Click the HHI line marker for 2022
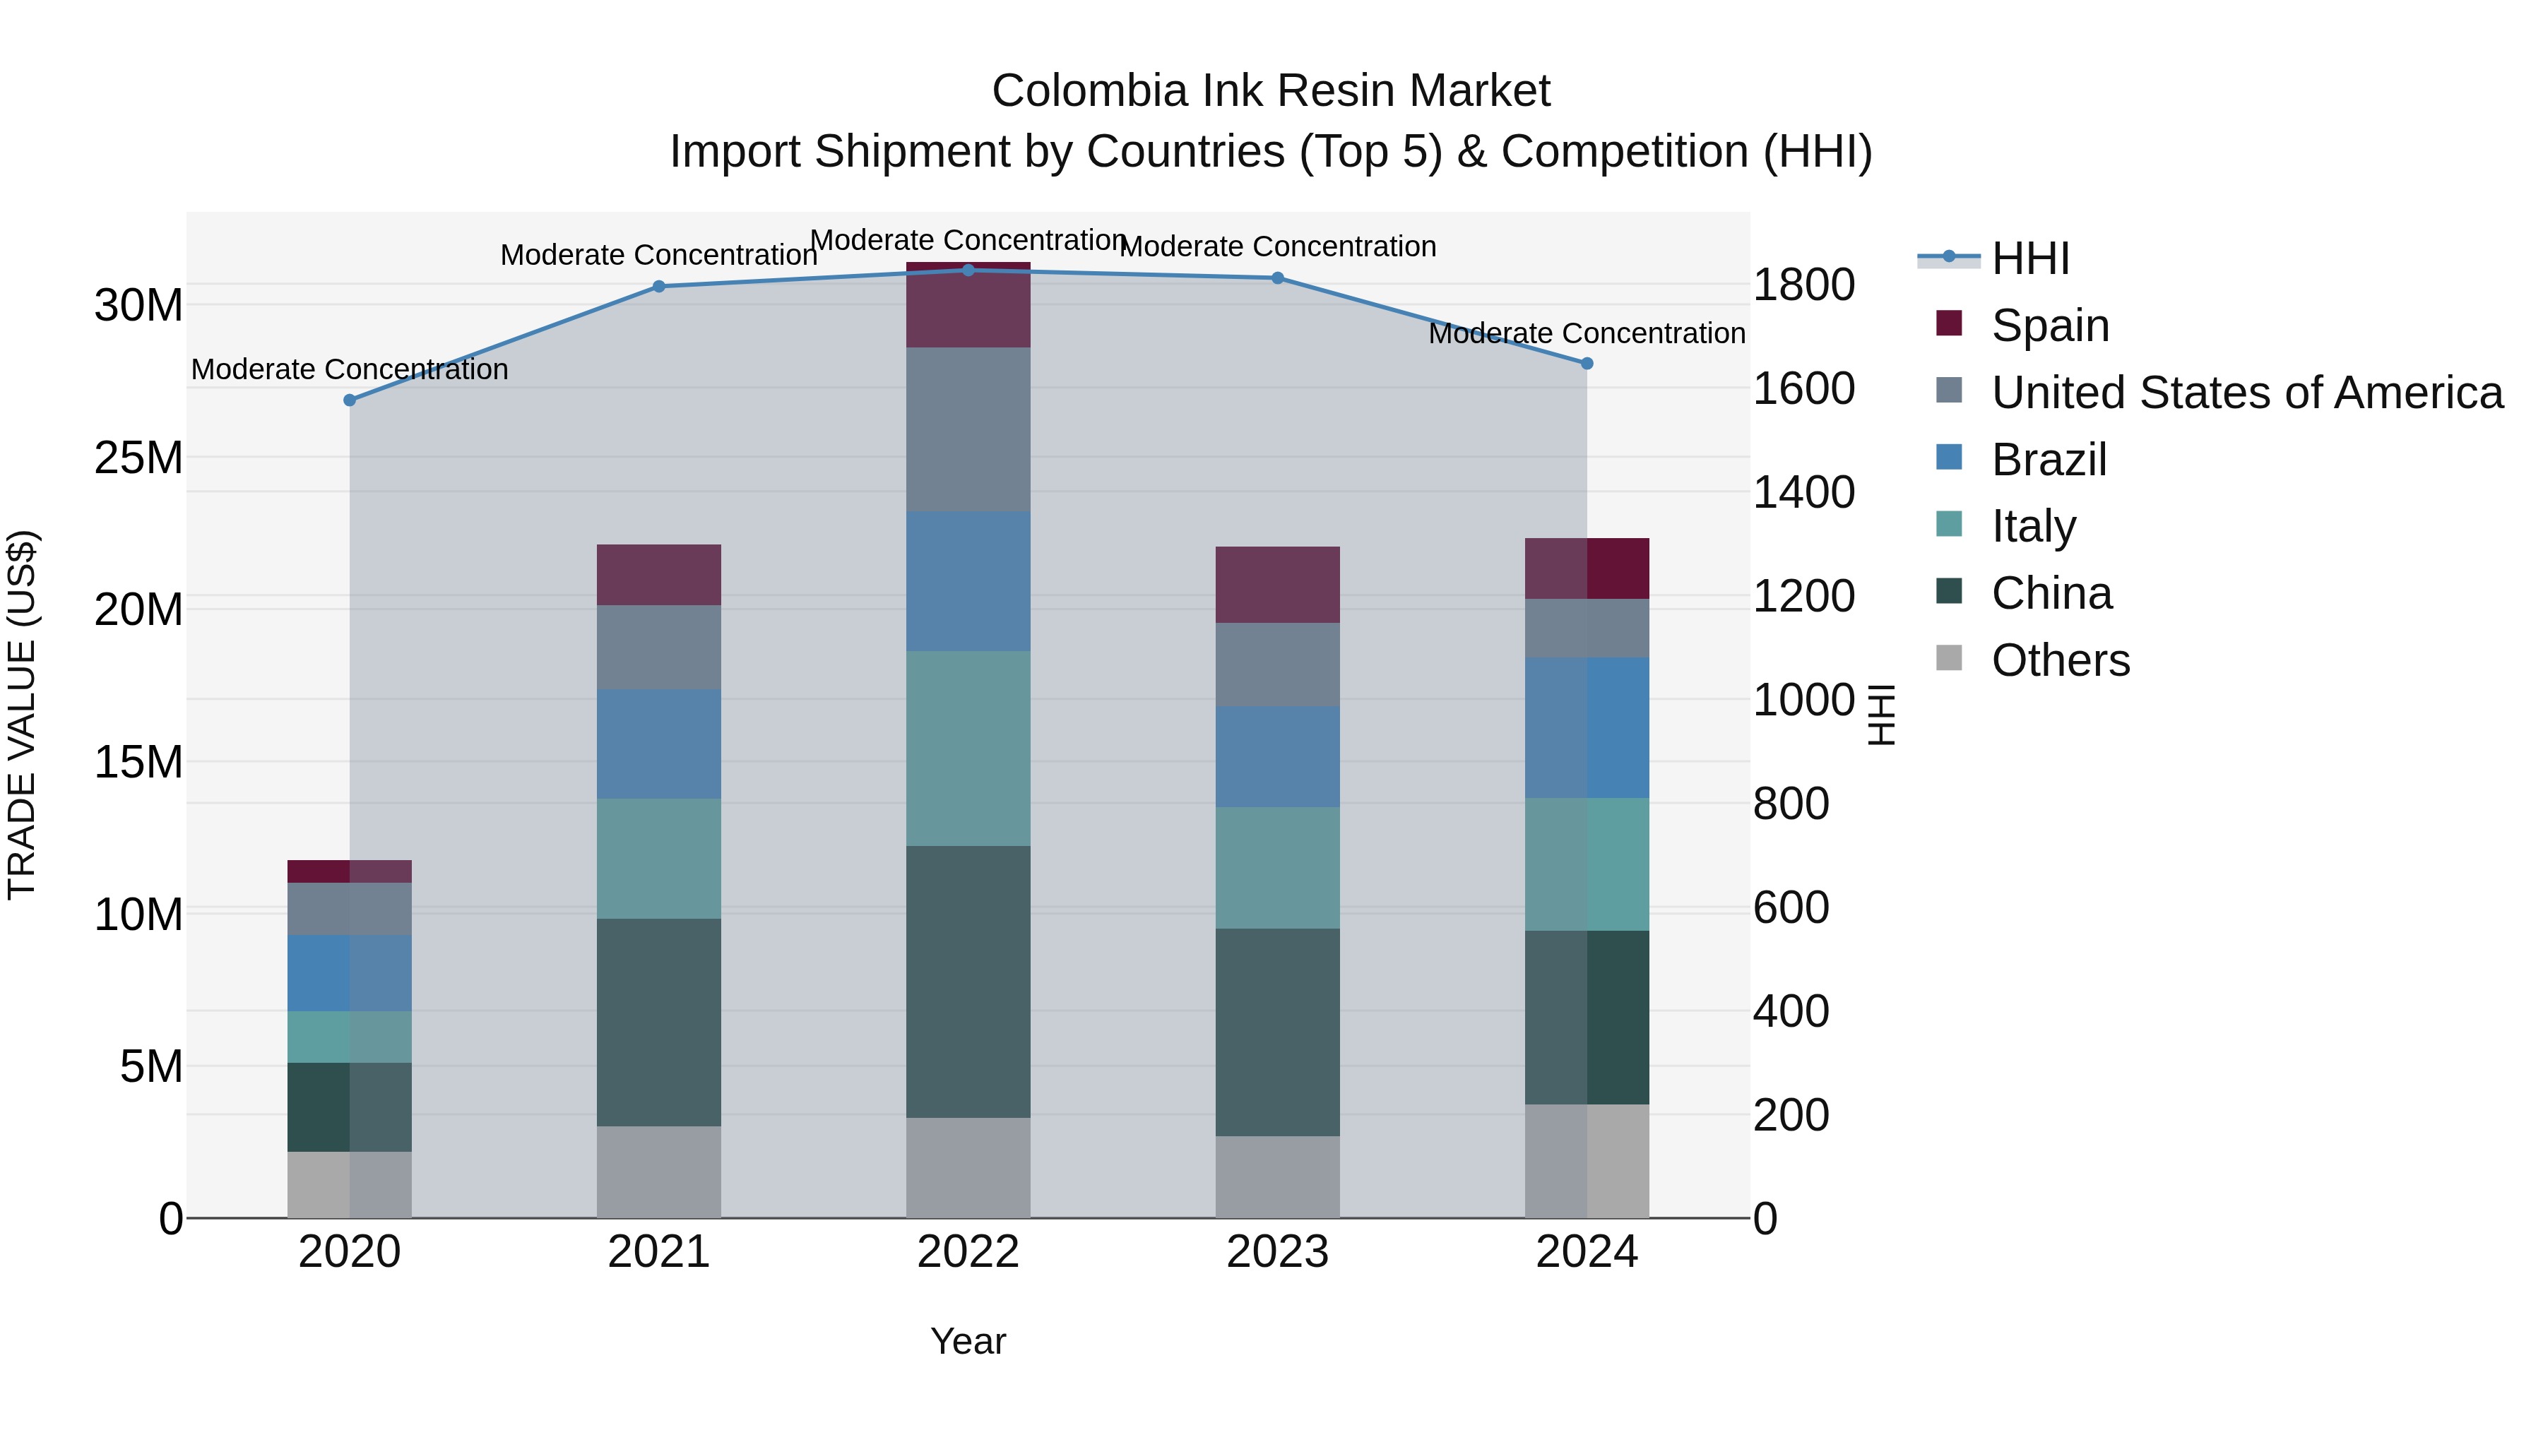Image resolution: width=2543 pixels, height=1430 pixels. pos(968,270)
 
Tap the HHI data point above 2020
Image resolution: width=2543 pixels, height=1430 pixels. pos(350,400)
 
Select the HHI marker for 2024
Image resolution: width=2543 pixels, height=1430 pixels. pos(1587,363)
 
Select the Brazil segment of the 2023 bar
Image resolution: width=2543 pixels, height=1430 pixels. pos(1276,757)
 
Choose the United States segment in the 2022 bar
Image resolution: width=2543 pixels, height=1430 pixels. pos(968,429)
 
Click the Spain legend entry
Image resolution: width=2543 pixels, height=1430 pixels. pos(2049,326)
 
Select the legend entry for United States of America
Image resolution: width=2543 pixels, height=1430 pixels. pos(2246,393)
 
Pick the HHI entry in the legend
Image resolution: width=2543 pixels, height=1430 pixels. pos(2029,258)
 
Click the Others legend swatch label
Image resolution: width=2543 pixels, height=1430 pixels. pos(2061,660)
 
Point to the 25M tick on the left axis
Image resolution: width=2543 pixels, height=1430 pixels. pos(138,458)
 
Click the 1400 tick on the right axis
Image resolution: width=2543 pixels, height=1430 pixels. pos(1803,492)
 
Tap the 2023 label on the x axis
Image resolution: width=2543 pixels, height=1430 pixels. pos(1276,1252)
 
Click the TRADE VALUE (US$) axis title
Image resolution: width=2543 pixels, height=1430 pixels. pos(22,715)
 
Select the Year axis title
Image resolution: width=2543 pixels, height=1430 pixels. pos(968,1341)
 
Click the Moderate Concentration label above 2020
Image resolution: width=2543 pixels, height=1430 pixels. pos(350,369)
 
